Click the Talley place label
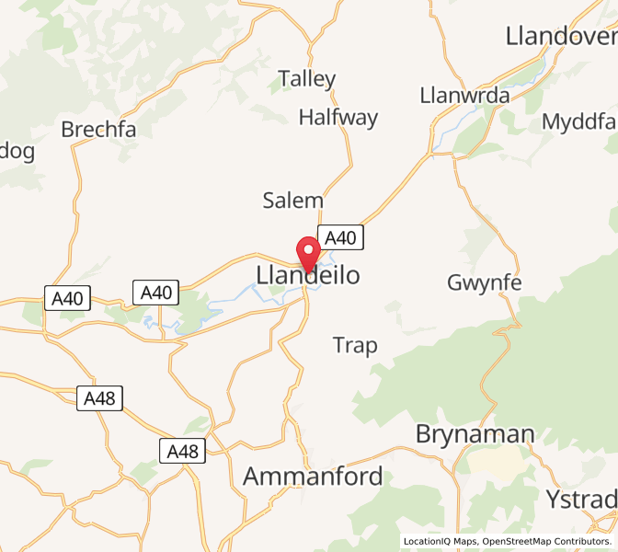coord(307,79)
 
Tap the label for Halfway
coord(338,118)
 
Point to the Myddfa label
coord(578,122)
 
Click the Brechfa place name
coord(98,130)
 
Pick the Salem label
coord(293,201)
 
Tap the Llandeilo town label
coord(307,276)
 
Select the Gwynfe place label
coord(484,282)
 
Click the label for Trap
coord(355,346)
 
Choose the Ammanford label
coord(313,477)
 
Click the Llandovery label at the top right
coord(561,37)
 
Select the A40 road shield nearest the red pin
coord(340,237)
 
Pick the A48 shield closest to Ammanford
coord(182,451)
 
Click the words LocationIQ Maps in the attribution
coord(440,542)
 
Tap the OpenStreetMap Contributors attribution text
coord(546,542)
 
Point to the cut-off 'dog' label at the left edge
coord(17,150)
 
